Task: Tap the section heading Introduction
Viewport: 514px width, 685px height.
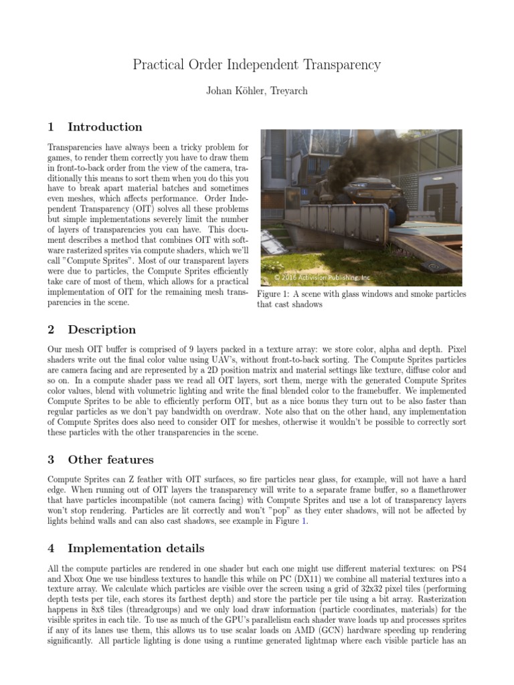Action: (105, 127)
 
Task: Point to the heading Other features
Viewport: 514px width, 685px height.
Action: (110, 460)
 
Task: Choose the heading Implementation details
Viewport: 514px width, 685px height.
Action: (136, 549)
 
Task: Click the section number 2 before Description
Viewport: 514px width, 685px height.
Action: (52, 330)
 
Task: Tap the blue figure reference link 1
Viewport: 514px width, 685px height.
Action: (305, 522)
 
